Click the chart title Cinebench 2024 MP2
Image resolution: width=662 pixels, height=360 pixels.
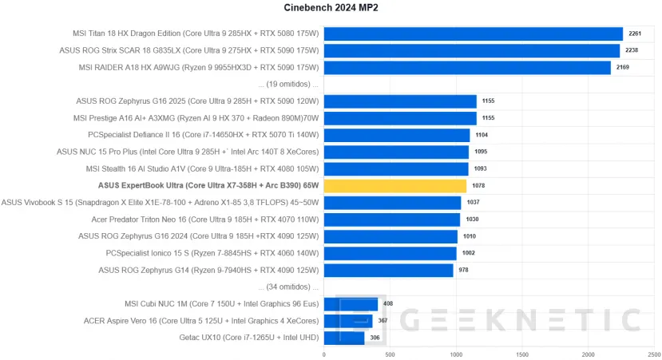click(331, 8)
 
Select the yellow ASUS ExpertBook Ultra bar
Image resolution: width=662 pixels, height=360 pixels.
click(394, 186)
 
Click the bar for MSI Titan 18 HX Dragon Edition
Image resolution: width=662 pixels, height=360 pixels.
click(473, 34)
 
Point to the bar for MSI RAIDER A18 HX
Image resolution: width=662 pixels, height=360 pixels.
click(467, 67)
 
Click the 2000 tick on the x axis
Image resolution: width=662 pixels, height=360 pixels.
click(589, 354)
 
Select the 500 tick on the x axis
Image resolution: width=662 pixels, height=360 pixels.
click(390, 354)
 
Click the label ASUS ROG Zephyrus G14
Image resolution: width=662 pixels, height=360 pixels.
click(208, 270)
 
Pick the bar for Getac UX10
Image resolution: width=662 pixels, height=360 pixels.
click(344, 338)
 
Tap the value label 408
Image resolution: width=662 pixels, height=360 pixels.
click(389, 304)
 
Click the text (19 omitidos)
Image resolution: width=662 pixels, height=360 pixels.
click(288, 85)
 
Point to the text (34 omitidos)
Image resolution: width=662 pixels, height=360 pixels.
click(288, 287)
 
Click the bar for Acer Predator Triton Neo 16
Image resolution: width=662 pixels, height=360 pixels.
click(392, 220)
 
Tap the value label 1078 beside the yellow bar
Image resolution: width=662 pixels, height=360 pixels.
click(478, 186)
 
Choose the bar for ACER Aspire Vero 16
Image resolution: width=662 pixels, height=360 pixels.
click(348, 321)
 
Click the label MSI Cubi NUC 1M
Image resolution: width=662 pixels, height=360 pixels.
click(222, 304)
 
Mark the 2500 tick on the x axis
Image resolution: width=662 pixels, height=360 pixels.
click(654, 354)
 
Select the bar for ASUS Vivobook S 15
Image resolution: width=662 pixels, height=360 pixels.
click(393, 203)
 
